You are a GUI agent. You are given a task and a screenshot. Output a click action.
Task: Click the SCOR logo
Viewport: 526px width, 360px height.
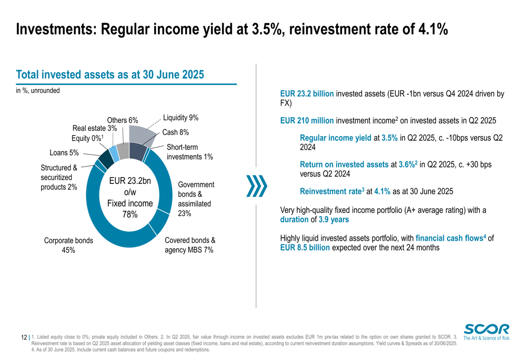[487, 332]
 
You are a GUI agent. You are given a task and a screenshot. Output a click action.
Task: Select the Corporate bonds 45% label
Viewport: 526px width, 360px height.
[68, 245]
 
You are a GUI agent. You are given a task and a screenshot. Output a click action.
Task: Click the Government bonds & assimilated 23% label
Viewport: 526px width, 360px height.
[196, 199]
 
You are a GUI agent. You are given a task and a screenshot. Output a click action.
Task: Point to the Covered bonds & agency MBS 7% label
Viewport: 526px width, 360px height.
[189, 245]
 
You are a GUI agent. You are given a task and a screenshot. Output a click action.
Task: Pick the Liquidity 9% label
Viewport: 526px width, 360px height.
[180, 118]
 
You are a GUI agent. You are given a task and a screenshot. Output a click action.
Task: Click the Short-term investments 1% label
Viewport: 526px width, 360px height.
[189, 152]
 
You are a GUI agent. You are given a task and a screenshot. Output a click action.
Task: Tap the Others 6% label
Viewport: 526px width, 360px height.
[122, 120]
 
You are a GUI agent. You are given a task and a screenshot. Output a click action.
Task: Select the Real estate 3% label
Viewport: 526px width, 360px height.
[95, 128]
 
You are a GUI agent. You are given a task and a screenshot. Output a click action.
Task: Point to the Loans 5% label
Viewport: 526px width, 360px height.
[64, 153]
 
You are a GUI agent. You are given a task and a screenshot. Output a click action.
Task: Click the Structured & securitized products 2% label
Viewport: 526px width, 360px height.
[59, 177]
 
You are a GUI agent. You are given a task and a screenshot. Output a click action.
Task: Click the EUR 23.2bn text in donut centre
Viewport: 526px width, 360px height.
[129, 181]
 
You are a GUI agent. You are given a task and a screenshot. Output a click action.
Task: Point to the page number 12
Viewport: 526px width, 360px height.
[24, 337]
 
